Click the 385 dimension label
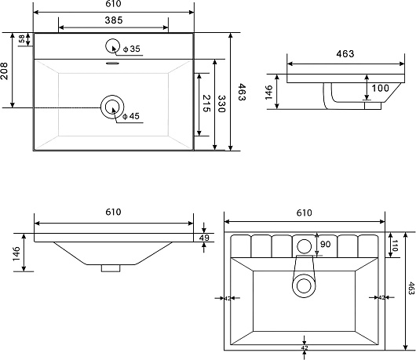[x=114, y=20]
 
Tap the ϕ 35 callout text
[x=131, y=49]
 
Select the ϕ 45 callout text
[x=131, y=116]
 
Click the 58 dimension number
[x=22, y=38]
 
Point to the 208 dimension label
[x=5, y=71]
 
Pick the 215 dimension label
[x=206, y=104]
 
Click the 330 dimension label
[x=221, y=104]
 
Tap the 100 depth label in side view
[x=380, y=88]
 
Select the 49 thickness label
[x=204, y=238]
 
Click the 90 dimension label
[x=326, y=244]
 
